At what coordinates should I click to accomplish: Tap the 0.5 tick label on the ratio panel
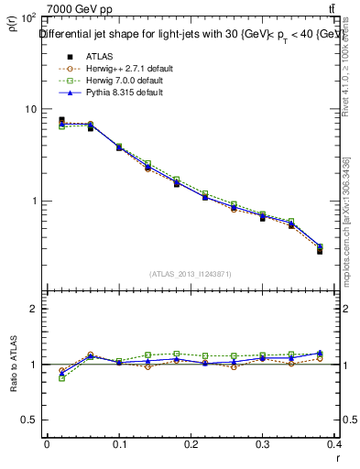[29, 420]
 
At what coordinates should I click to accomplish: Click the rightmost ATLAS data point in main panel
[320, 250]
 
